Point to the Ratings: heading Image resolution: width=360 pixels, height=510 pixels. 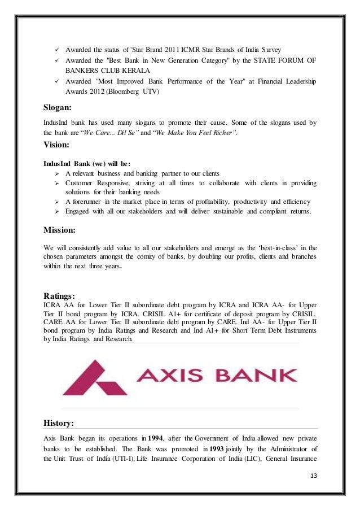click(64, 294)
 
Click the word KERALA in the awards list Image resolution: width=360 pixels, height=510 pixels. click(134, 71)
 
